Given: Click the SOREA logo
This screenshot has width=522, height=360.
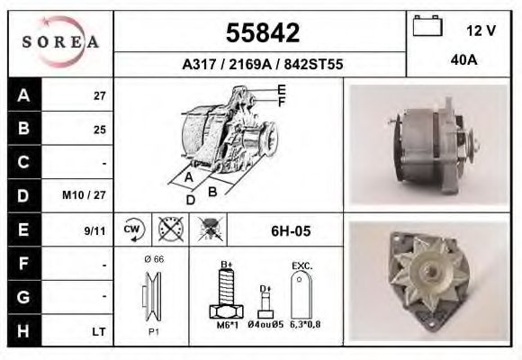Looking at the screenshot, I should point(61,42).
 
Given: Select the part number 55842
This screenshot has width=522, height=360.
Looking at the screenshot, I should point(261,33).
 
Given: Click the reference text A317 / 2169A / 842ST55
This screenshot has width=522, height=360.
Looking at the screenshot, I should point(261,65).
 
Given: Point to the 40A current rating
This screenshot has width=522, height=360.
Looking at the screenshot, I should point(463,60).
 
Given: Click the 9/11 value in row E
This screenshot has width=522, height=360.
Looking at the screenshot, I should point(94,230).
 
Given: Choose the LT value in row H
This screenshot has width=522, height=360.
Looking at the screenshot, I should point(99,331).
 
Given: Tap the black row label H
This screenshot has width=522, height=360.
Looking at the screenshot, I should point(23,330).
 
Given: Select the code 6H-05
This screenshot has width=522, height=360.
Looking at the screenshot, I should point(291,231).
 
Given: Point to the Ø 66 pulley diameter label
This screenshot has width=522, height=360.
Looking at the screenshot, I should point(152,259).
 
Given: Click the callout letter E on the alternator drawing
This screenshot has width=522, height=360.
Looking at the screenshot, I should point(282,89).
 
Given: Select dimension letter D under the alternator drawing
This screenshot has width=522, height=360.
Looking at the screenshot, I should point(190,199).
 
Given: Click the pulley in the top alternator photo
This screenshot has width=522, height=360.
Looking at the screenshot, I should point(468,140).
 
